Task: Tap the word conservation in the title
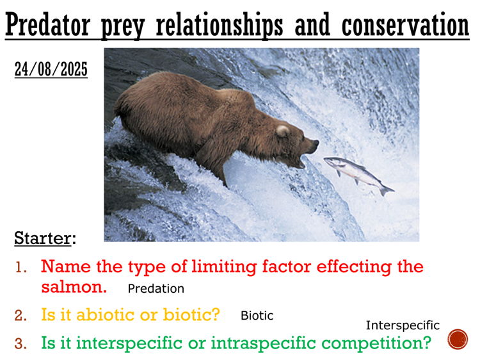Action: (x=405, y=26)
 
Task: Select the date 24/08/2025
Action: (x=51, y=69)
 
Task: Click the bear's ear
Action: (x=282, y=131)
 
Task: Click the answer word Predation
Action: (x=156, y=289)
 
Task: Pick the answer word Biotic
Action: (x=257, y=316)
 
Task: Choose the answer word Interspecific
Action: (x=403, y=325)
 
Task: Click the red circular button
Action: (x=458, y=339)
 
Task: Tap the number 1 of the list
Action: (x=21, y=266)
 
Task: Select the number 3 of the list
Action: (x=21, y=344)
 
